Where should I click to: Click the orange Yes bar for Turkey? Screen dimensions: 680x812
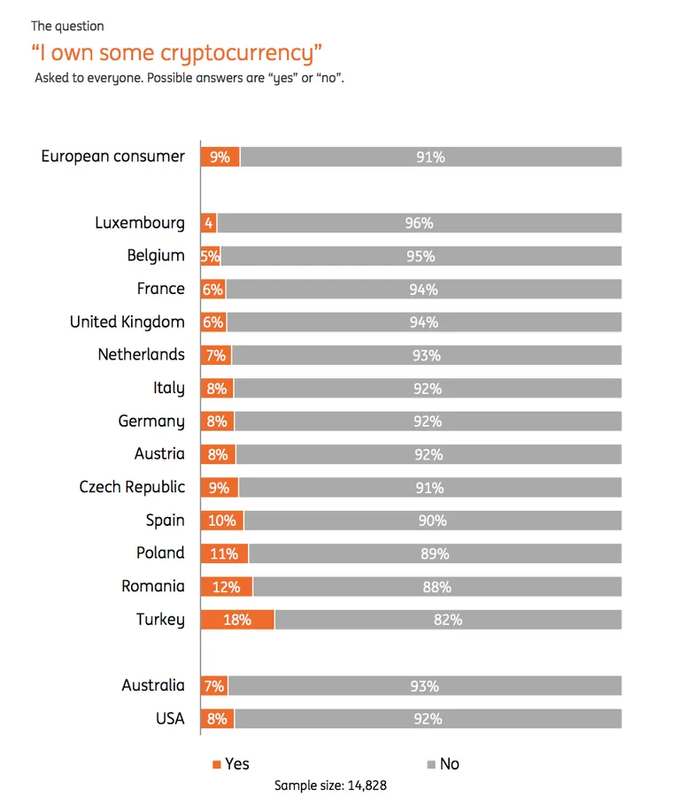(237, 620)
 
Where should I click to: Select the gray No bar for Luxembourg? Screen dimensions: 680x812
(420, 223)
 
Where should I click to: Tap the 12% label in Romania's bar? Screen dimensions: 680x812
(227, 587)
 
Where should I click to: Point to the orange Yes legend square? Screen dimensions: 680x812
(216, 764)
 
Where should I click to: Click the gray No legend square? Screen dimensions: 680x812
(431, 764)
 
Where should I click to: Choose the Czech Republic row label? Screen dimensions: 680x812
(132, 487)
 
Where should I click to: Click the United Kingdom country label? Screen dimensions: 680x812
(127, 322)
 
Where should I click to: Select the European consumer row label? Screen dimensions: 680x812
(113, 157)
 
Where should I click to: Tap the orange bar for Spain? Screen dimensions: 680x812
(222, 521)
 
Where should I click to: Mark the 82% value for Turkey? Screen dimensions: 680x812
(448, 620)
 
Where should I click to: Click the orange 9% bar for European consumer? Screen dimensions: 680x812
(220, 157)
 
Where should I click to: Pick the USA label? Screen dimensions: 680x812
(170, 719)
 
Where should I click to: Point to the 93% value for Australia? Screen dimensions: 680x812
(425, 686)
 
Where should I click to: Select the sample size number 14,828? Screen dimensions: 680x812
(367, 785)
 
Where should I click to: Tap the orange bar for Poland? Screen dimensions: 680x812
(224, 553)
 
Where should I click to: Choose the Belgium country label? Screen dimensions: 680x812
(156, 256)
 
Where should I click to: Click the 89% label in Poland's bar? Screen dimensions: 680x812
(435, 554)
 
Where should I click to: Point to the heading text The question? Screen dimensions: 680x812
(67, 27)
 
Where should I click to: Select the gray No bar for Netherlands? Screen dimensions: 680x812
(427, 355)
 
